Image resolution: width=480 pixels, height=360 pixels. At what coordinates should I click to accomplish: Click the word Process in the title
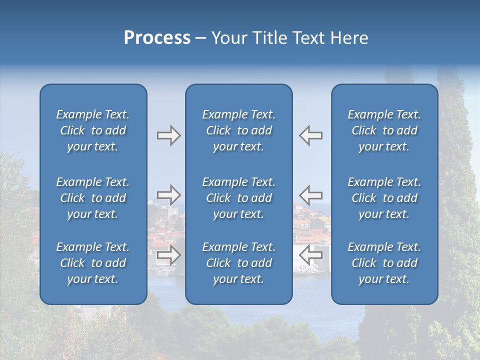tap(157, 38)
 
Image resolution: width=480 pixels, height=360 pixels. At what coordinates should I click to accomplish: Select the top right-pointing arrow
tap(168, 135)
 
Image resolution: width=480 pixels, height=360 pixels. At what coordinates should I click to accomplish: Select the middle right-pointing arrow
tap(168, 194)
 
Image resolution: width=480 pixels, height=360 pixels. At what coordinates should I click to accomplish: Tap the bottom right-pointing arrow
tap(168, 254)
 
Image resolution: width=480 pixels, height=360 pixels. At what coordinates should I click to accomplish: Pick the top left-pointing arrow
tap(311, 135)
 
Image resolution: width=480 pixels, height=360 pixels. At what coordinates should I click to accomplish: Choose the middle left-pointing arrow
tap(311, 194)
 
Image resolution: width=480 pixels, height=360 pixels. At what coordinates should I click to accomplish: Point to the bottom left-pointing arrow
tap(311, 254)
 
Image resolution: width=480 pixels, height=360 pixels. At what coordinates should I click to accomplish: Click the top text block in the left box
tap(93, 130)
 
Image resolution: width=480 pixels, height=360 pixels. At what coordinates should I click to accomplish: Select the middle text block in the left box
tap(93, 198)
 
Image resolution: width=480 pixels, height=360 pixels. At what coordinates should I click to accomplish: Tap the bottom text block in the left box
tap(93, 263)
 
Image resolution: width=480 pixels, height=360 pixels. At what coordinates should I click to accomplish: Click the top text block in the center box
tap(238, 130)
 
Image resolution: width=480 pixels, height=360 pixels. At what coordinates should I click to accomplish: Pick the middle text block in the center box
tap(238, 198)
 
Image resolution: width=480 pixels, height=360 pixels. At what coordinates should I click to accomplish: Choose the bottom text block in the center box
tap(238, 263)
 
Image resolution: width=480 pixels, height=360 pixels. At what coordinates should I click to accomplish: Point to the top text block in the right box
tap(384, 130)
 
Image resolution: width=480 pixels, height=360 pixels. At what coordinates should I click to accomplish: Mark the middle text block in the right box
tap(384, 198)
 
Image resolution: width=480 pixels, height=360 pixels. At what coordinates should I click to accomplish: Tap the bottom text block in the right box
tap(384, 263)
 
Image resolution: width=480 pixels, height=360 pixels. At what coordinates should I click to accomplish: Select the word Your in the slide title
tap(228, 38)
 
